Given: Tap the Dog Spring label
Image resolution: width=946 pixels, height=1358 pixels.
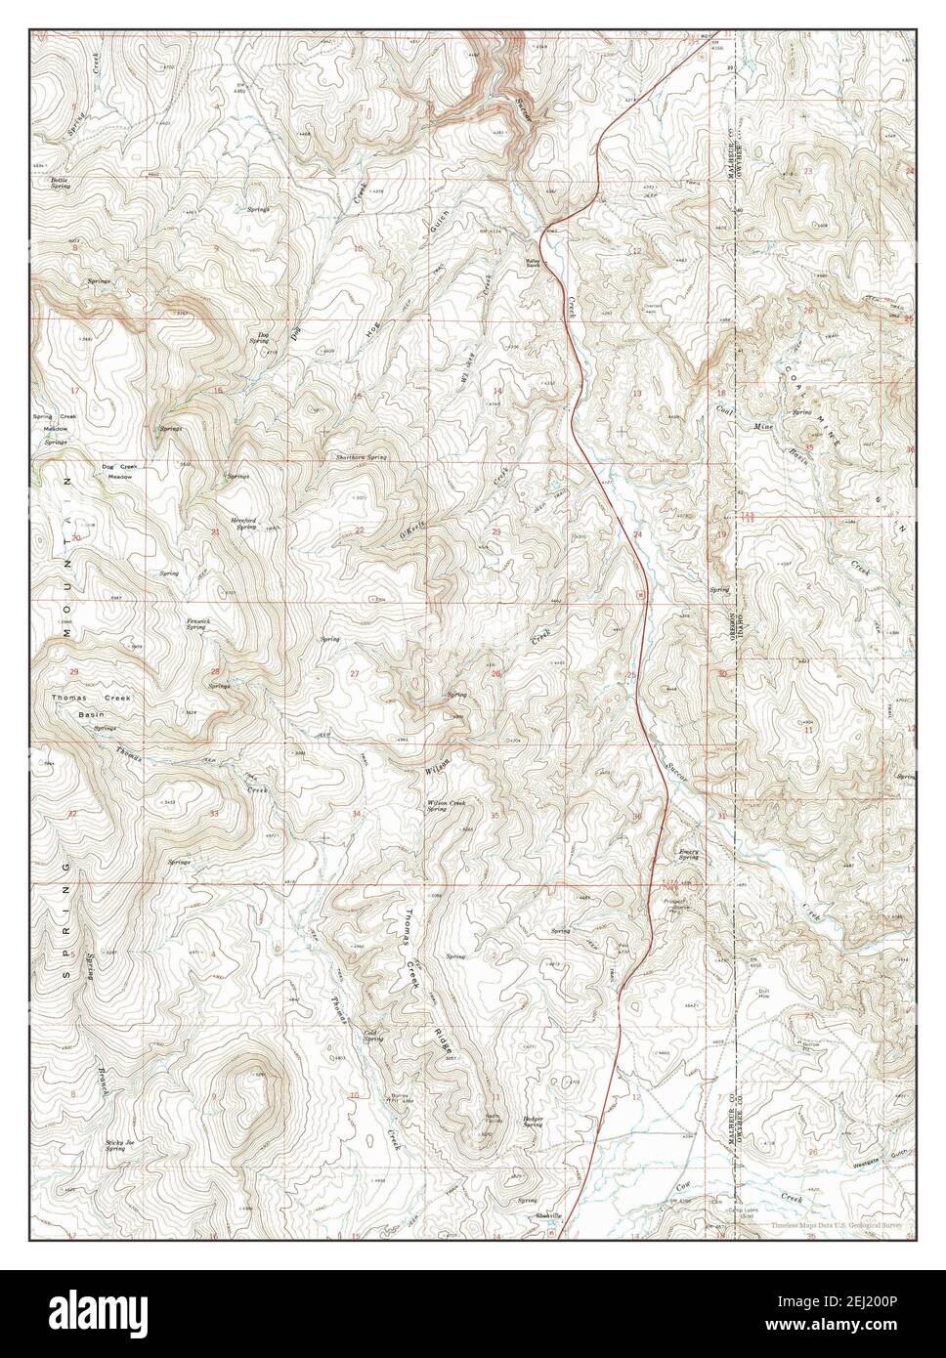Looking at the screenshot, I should pyautogui.click(x=259, y=337).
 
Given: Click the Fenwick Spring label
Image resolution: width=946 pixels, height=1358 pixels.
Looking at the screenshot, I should pyautogui.click(x=198, y=623).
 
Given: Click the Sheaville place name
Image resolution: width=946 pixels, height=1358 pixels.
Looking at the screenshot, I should pyautogui.click(x=548, y=1214).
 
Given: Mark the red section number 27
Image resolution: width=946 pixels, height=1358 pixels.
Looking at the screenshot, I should pyautogui.click(x=355, y=674).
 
